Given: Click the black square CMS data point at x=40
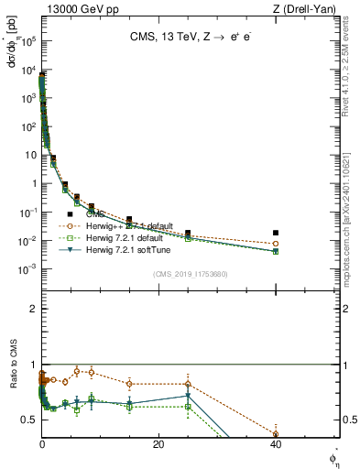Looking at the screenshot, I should [x=276, y=234].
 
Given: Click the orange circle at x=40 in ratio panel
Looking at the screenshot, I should [x=276, y=434].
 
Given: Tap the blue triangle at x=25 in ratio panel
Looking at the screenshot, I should [x=188, y=397].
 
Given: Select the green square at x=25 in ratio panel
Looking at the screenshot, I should [x=188, y=406].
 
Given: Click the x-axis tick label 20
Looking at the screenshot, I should [x=158, y=444].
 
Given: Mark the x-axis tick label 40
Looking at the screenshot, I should [x=276, y=444].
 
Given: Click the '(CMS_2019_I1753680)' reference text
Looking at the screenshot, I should [x=190, y=274].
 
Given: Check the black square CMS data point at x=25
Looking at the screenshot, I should [x=188, y=234].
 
